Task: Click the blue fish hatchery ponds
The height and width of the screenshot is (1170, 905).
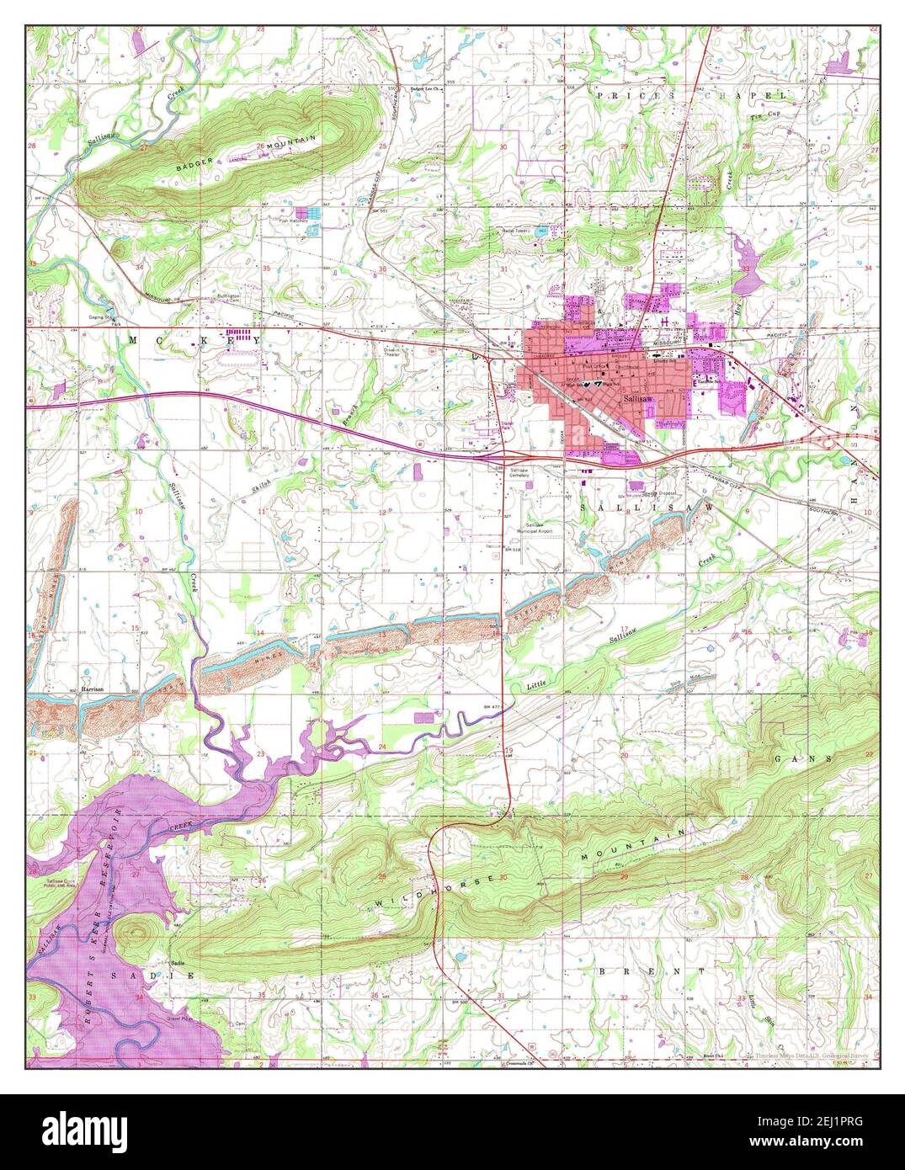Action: coord(313,214)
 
